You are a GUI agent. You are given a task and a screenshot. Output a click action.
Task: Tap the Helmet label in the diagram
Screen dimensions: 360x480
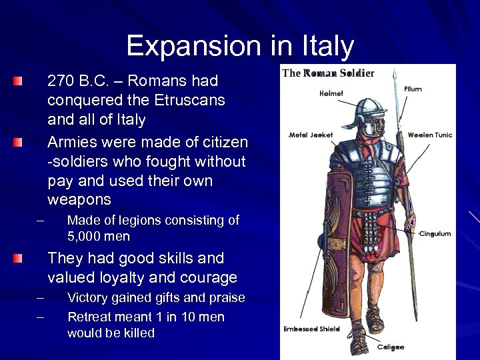point(331,93)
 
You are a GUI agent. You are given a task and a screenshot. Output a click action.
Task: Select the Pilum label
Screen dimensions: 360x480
point(413,89)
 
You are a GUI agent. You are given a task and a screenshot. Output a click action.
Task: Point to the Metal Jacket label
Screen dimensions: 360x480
point(311,135)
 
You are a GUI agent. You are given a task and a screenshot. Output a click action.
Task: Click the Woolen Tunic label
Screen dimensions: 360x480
point(430,135)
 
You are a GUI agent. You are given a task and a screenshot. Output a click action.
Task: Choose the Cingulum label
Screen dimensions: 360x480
point(435,233)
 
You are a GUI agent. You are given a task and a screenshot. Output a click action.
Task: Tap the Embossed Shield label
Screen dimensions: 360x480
point(311,329)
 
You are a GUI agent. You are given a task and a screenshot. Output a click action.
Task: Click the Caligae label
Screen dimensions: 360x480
point(391,347)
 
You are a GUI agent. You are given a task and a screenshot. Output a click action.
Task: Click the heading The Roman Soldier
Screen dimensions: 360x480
point(328,73)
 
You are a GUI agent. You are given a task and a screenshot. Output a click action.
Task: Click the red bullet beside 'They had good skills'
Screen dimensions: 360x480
point(20,258)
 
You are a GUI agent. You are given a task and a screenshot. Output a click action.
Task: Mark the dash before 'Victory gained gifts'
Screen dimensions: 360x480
point(40,297)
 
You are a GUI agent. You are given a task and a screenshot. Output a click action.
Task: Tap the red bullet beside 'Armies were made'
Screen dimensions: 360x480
point(20,142)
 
